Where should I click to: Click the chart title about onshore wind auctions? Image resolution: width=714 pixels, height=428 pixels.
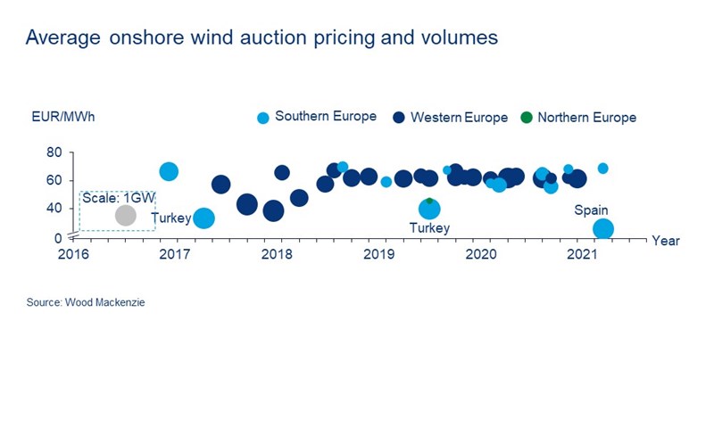tap(262, 38)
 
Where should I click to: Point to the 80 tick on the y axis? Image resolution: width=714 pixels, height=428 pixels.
tap(54, 153)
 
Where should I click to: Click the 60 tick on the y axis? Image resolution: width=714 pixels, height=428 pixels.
tap(54, 181)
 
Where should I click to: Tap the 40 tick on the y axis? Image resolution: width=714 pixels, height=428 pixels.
tap(54, 209)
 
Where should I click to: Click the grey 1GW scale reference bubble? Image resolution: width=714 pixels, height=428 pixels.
tap(126, 215)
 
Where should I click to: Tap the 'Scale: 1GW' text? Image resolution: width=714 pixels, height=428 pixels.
tap(112, 198)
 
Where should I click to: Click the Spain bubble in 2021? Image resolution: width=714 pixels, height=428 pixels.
tap(603, 228)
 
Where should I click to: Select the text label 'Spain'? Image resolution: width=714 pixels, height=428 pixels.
tap(591, 209)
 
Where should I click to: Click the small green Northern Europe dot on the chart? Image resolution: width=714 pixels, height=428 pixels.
tap(429, 202)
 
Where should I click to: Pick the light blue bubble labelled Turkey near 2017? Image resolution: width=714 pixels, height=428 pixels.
tap(204, 218)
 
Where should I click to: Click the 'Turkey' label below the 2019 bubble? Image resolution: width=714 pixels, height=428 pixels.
tap(429, 228)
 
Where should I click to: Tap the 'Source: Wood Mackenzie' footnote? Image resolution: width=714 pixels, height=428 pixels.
tap(86, 303)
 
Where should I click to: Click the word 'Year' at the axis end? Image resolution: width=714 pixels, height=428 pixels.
tap(665, 241)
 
